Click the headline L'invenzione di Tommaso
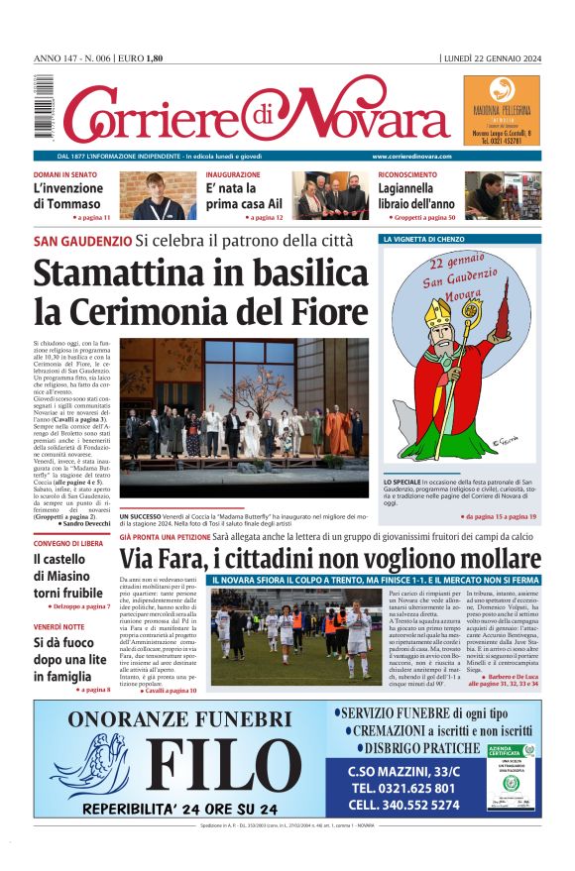pos(67,196)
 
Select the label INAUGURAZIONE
pos(234,174)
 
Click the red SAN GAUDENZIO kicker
pos(82,241)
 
